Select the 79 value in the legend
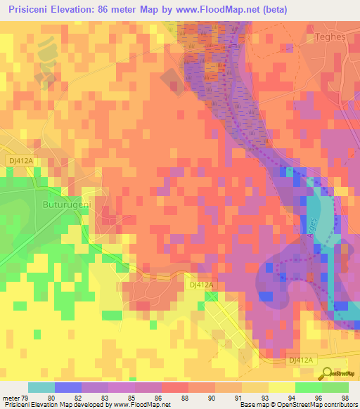click(x=27, y=398)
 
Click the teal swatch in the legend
click(x=41, y=387)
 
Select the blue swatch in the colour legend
click(x=68, y=387)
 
